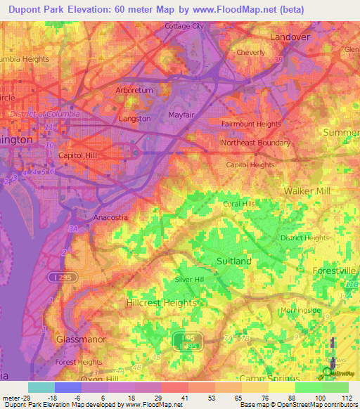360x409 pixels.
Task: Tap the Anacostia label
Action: point(111,217)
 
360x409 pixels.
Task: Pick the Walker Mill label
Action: point(307,191)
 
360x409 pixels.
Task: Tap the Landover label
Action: point(290,37)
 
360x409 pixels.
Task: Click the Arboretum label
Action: point(133,91)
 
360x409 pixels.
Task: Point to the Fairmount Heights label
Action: point(251,124)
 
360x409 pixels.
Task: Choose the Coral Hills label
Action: point(239,204)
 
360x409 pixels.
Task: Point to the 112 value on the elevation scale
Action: point(345,398)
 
